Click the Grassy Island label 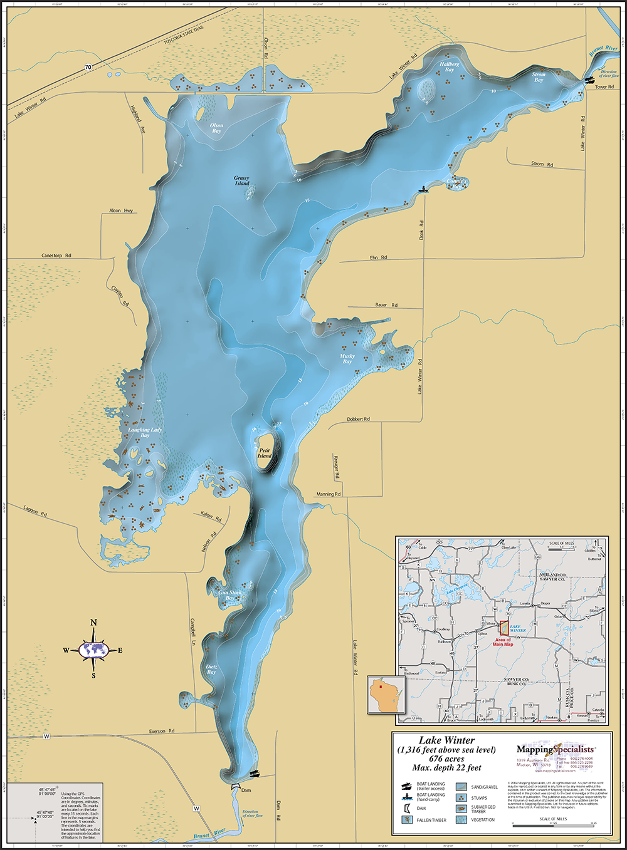coord(241,181)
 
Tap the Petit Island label coord(264,453)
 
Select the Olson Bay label coord(216,128)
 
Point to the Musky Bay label coord(347,359)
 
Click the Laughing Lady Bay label coord(145,432)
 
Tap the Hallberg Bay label coord(449,67)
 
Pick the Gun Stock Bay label coord(229,595)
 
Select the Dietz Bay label coord(211,670)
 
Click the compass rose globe coord(93,650)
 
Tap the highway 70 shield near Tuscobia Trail coord(88,67)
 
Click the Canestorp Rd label coord(56,256)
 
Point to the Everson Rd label coord(162,731)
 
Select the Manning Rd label coord(328,494)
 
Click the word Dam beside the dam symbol coord(246,790)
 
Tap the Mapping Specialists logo coord(554,749)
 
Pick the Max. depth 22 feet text coord(446,767)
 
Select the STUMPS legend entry coord(479,798)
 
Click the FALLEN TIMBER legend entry coord(431,820)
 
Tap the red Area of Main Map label coord(503,642)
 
